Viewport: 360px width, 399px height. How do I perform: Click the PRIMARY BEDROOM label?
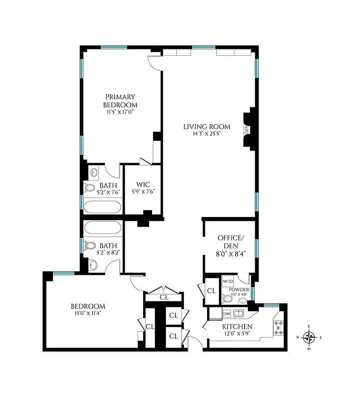(120, 101)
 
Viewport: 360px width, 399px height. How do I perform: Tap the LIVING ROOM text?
(199, 127)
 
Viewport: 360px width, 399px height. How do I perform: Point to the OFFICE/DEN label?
(229, 242)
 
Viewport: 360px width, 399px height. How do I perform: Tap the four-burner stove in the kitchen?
(278, 326)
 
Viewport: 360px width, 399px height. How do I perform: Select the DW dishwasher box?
(226, 314)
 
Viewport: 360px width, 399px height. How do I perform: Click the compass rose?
(309, 338)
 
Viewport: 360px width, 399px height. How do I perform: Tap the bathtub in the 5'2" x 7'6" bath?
(102, 206)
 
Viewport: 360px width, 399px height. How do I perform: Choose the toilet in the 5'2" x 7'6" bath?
(90, 189)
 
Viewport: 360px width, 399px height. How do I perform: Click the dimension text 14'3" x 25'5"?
(199, 134)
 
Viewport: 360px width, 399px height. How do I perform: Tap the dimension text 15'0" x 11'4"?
(88, 313)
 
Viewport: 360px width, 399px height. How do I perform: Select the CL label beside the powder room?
(211, 291)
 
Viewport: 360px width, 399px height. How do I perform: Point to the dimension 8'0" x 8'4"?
(229, 253)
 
